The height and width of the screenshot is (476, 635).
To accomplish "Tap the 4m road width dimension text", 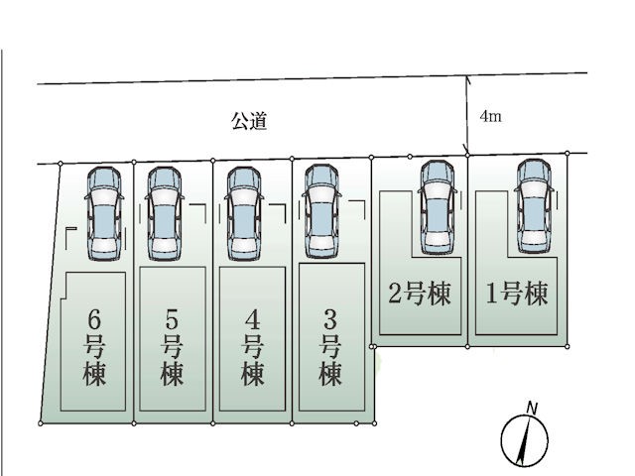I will (490, 116).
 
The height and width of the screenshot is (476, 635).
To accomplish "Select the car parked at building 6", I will (103, 213).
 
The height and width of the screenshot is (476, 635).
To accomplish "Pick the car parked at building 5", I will (165, 213).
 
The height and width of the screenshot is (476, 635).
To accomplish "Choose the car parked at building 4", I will (244, 213).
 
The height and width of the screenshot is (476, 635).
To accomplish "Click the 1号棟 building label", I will (516, 295).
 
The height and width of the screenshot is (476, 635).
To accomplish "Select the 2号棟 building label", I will (419, 295).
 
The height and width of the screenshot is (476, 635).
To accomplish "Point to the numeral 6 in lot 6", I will (95, 319).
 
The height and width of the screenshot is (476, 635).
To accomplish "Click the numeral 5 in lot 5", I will (171, 319).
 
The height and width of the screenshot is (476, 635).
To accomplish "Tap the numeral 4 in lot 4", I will (252, 319).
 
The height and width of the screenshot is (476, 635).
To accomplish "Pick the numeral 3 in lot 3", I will (330, 319).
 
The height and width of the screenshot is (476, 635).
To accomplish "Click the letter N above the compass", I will (532, 408).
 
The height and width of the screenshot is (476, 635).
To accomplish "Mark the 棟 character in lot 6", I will (95, 376).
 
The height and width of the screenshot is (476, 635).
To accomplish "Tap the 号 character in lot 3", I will (330, 347).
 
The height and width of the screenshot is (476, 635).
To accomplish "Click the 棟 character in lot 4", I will (252, 376).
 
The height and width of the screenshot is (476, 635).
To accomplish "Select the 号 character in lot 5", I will (171, 347).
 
